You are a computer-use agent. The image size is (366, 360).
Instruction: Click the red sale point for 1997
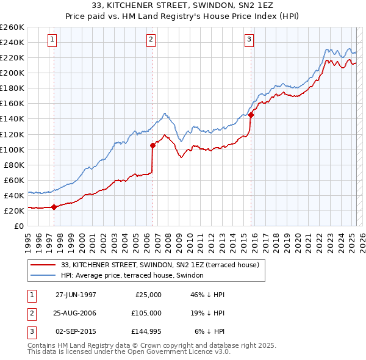tap(54, 207)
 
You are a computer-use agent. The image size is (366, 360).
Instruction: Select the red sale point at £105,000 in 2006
tap(152, 145)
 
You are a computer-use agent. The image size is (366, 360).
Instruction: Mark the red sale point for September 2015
tap(251, 115)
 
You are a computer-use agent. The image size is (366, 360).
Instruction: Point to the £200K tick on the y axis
tap(12, 73)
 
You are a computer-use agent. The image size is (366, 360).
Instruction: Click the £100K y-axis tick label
tap(12, 149)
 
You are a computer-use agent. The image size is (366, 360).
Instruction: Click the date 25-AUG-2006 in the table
tap(76, 312)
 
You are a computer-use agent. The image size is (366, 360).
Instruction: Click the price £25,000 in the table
tap(148, 294)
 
